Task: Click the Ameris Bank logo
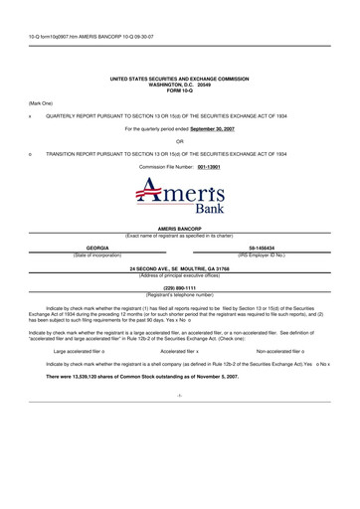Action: [180, 203]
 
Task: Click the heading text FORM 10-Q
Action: [180, 86]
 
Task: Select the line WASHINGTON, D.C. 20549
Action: [180, 82]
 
